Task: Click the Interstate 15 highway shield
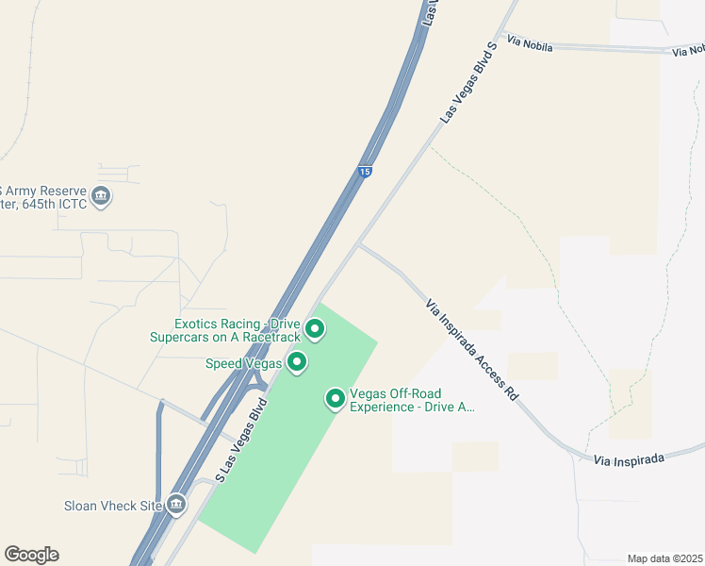pyautogui.click(x=365, y=172)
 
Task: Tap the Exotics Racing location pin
pyautogui.click(x=315, y=329)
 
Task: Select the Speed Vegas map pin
pyautogui.click(x=297, y=361)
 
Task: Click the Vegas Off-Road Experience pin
pyautogui.click(x=335, y=399)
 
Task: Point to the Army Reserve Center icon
pyautogui.click(x=102, y=197)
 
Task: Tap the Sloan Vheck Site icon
pyautogui.click(x=176, y=505)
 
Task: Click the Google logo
pyautogui.click(x=31, y=555)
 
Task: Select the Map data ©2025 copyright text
pyautogui.click(x=664, y=558)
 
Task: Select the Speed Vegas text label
pyautogui.click(x=243, y=363)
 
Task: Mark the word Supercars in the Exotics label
pyautogui.click(x=181, y=337)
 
